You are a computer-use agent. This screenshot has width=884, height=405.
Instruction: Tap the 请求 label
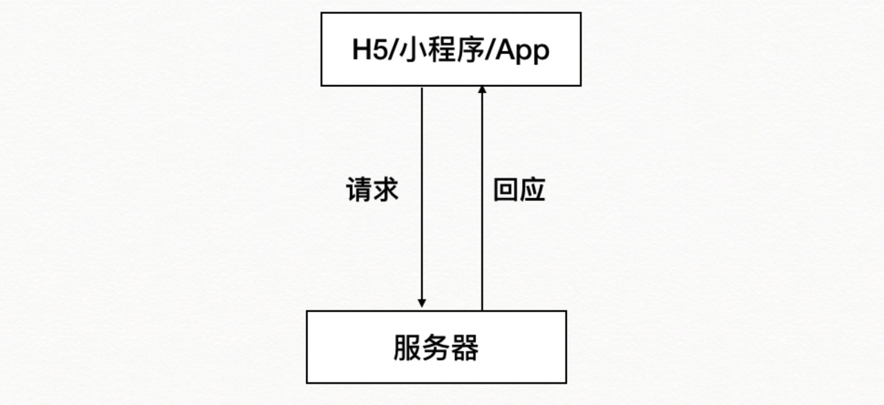tap(372, 190)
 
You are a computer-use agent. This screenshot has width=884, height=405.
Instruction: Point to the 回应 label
tap(519, 190)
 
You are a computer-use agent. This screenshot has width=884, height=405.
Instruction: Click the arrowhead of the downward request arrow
tap(422, 303)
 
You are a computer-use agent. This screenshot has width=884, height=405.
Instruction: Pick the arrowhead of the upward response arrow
tap(482, 90)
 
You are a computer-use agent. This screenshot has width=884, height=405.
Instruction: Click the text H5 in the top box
tap(369, 50)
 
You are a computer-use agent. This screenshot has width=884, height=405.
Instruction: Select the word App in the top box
tap(523, 51)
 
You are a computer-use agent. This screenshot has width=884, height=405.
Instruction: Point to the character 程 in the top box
tap(441, 50)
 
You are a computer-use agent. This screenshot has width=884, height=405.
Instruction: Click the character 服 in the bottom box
tap(407, 348)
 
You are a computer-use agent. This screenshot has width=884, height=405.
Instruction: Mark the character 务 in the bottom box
tap(436, 348)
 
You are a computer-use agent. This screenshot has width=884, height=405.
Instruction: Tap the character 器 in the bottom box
tap(465, 348)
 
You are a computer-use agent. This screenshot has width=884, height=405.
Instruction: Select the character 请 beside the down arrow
tap(359, 190)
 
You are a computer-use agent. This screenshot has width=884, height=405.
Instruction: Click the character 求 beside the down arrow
tap(386, 190)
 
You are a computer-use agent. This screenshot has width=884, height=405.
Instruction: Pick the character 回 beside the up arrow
tap(506, 190)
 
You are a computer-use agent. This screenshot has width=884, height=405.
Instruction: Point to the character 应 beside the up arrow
tap(532, 190)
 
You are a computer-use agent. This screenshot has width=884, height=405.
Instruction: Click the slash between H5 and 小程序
tap(394, 50)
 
